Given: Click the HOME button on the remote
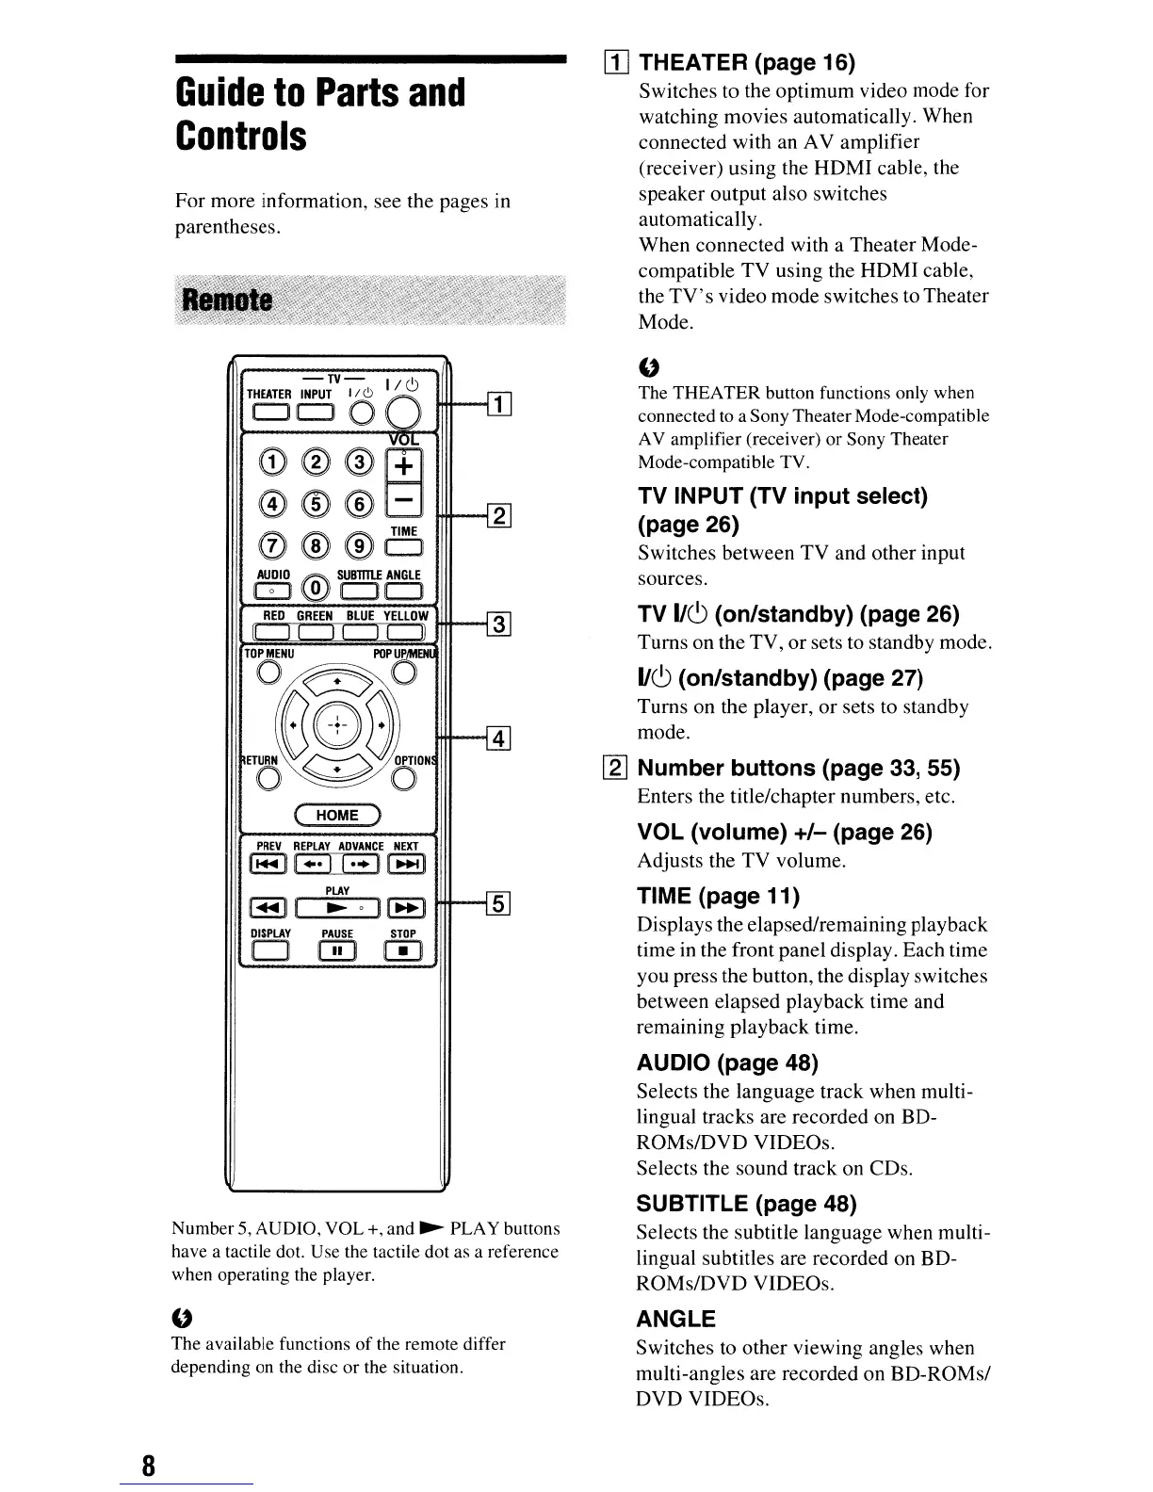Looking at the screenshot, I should point(337,816).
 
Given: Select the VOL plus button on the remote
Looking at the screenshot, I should point(405,466).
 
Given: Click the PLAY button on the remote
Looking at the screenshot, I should point(337,908).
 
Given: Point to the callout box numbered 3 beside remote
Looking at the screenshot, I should point(497,624).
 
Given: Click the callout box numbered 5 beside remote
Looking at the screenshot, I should point(497,905).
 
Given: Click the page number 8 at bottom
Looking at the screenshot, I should point(148,1466).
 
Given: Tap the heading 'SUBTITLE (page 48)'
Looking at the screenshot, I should point(747,1204).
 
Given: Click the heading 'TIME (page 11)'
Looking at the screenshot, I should point(718,896).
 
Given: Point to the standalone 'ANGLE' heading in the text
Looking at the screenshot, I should point(676,1319).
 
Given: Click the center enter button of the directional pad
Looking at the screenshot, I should point(337,726).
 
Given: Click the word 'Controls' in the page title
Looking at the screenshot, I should point(241,136).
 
